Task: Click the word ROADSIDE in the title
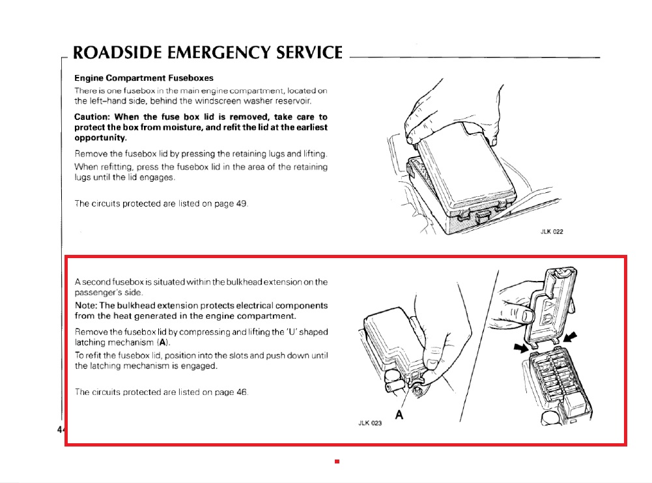pyautogui.click(x=117, y=53)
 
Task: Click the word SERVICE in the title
pyautogui.click(x=309, y=53)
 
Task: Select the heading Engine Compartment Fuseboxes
pyautogui.click(x=144, y=78)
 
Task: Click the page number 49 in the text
pyautogui.click(x=241, y=203)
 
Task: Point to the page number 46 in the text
pyautogui.click(x=242, y=392)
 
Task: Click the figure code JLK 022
pyautogui.click(x=552, y=232)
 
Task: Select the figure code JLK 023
pyautogui.click(x=370, y=423)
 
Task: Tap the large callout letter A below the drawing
pyautogui.click(x=399, y=415)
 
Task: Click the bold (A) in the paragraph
pyautogui.click(x=163, y=342)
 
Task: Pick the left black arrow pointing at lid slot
pyautogui.click(x=522, y=347)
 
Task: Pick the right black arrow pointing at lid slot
pyautogui.click(x=570, y=336)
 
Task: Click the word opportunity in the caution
pyautogui.click(x=100, y=138)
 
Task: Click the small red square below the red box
pyautogui.click(x=337, y=461)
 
